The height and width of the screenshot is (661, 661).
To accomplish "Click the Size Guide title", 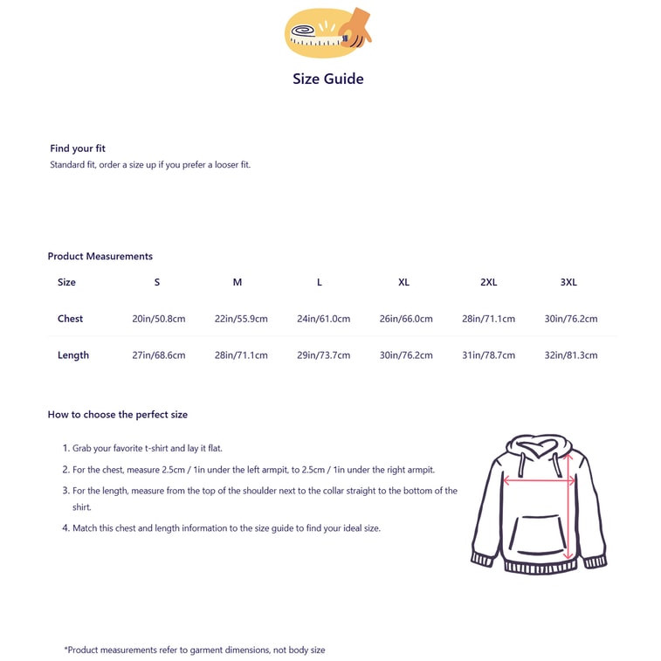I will (328, 79).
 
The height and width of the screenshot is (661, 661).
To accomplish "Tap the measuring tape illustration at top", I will (327, 32).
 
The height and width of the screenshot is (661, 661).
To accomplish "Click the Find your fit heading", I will (78, 148).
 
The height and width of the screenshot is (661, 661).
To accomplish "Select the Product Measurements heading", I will (100, 256).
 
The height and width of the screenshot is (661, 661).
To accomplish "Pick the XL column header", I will (403, 282).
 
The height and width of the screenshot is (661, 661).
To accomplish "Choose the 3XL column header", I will (568, 282).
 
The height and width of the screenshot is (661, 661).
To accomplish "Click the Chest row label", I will (70, 319).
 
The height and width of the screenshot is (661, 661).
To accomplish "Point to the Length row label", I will (73, 355).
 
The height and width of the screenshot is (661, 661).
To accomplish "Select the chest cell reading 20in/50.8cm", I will (159, 319).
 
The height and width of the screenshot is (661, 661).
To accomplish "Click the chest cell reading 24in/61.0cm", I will (323, 319).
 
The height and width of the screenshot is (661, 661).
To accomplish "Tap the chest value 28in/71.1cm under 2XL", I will (488, 319).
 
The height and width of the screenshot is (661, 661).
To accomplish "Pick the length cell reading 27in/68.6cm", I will (159, 355).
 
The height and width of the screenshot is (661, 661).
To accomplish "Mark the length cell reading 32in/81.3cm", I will (571, 355).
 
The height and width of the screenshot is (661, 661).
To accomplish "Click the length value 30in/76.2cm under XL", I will (406, 355).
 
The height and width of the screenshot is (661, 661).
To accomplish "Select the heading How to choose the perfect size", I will (118, 415).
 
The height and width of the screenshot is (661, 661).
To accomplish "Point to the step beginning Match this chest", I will (226, 528).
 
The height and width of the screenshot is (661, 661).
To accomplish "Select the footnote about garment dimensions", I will (195, 650).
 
